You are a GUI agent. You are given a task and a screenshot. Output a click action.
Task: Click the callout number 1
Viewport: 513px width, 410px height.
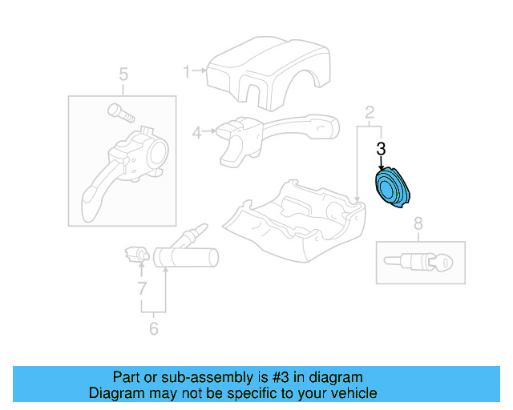coord(187,72)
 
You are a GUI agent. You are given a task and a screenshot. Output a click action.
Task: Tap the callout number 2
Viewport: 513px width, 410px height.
coord(369,111)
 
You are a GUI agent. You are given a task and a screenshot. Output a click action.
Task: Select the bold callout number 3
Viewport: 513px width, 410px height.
coord(382,148)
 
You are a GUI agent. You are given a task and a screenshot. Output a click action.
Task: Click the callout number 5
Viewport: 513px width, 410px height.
coord(123,75)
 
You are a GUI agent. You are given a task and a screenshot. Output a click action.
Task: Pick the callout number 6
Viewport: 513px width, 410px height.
coord(153,328)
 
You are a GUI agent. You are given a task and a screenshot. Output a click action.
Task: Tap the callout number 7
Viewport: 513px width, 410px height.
coord(142,287)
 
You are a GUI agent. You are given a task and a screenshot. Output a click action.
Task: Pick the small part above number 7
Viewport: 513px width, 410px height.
coord(134,255)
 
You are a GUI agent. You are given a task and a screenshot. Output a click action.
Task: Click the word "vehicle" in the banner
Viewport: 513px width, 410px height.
coord(349,393)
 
